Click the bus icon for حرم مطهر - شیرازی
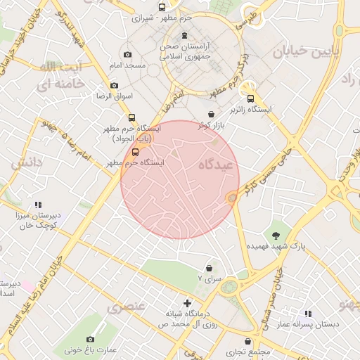point(162,7)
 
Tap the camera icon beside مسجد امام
point(127,54)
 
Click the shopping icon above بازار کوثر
point(211,114)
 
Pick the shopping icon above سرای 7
point(209,268)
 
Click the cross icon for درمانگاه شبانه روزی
point(187,302)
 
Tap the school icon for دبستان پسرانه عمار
point(307,314)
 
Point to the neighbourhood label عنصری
point(126,307)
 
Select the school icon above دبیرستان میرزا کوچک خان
point(38,205)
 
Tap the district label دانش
point(27,162)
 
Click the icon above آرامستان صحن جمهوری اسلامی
point(184,36)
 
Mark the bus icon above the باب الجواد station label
point(131,118)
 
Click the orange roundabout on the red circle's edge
point(231,199)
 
